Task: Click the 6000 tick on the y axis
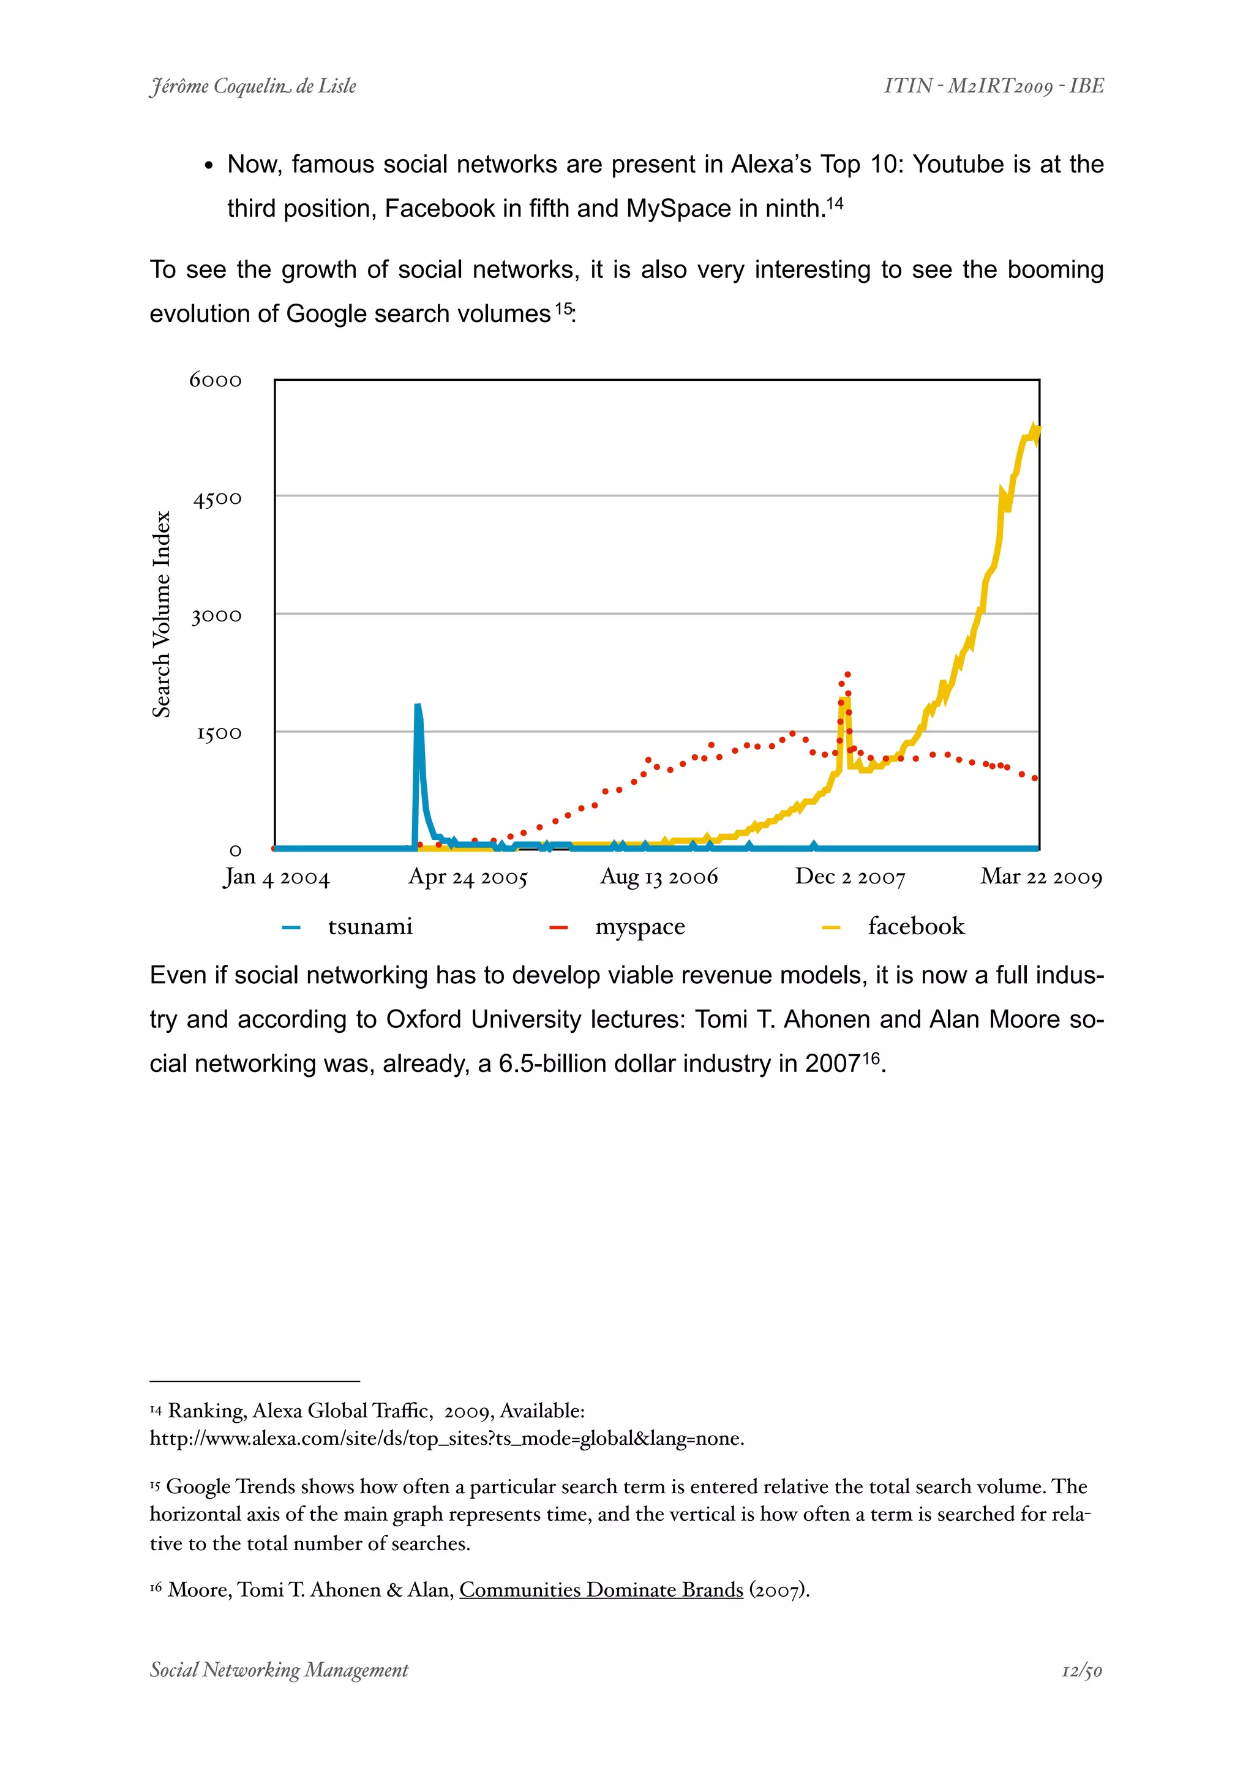pos(216,380)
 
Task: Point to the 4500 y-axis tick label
pos(217,499)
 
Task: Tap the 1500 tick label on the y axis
pos(219,733)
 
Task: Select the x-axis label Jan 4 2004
pos(276,877)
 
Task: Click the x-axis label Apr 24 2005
pos(467,877)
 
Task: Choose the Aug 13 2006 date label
pos(659,877)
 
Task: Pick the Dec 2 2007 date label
pos(849,877)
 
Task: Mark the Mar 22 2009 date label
pos(1041,877)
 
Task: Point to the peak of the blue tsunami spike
pos(418,706)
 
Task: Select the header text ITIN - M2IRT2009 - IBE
pos(994,86)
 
